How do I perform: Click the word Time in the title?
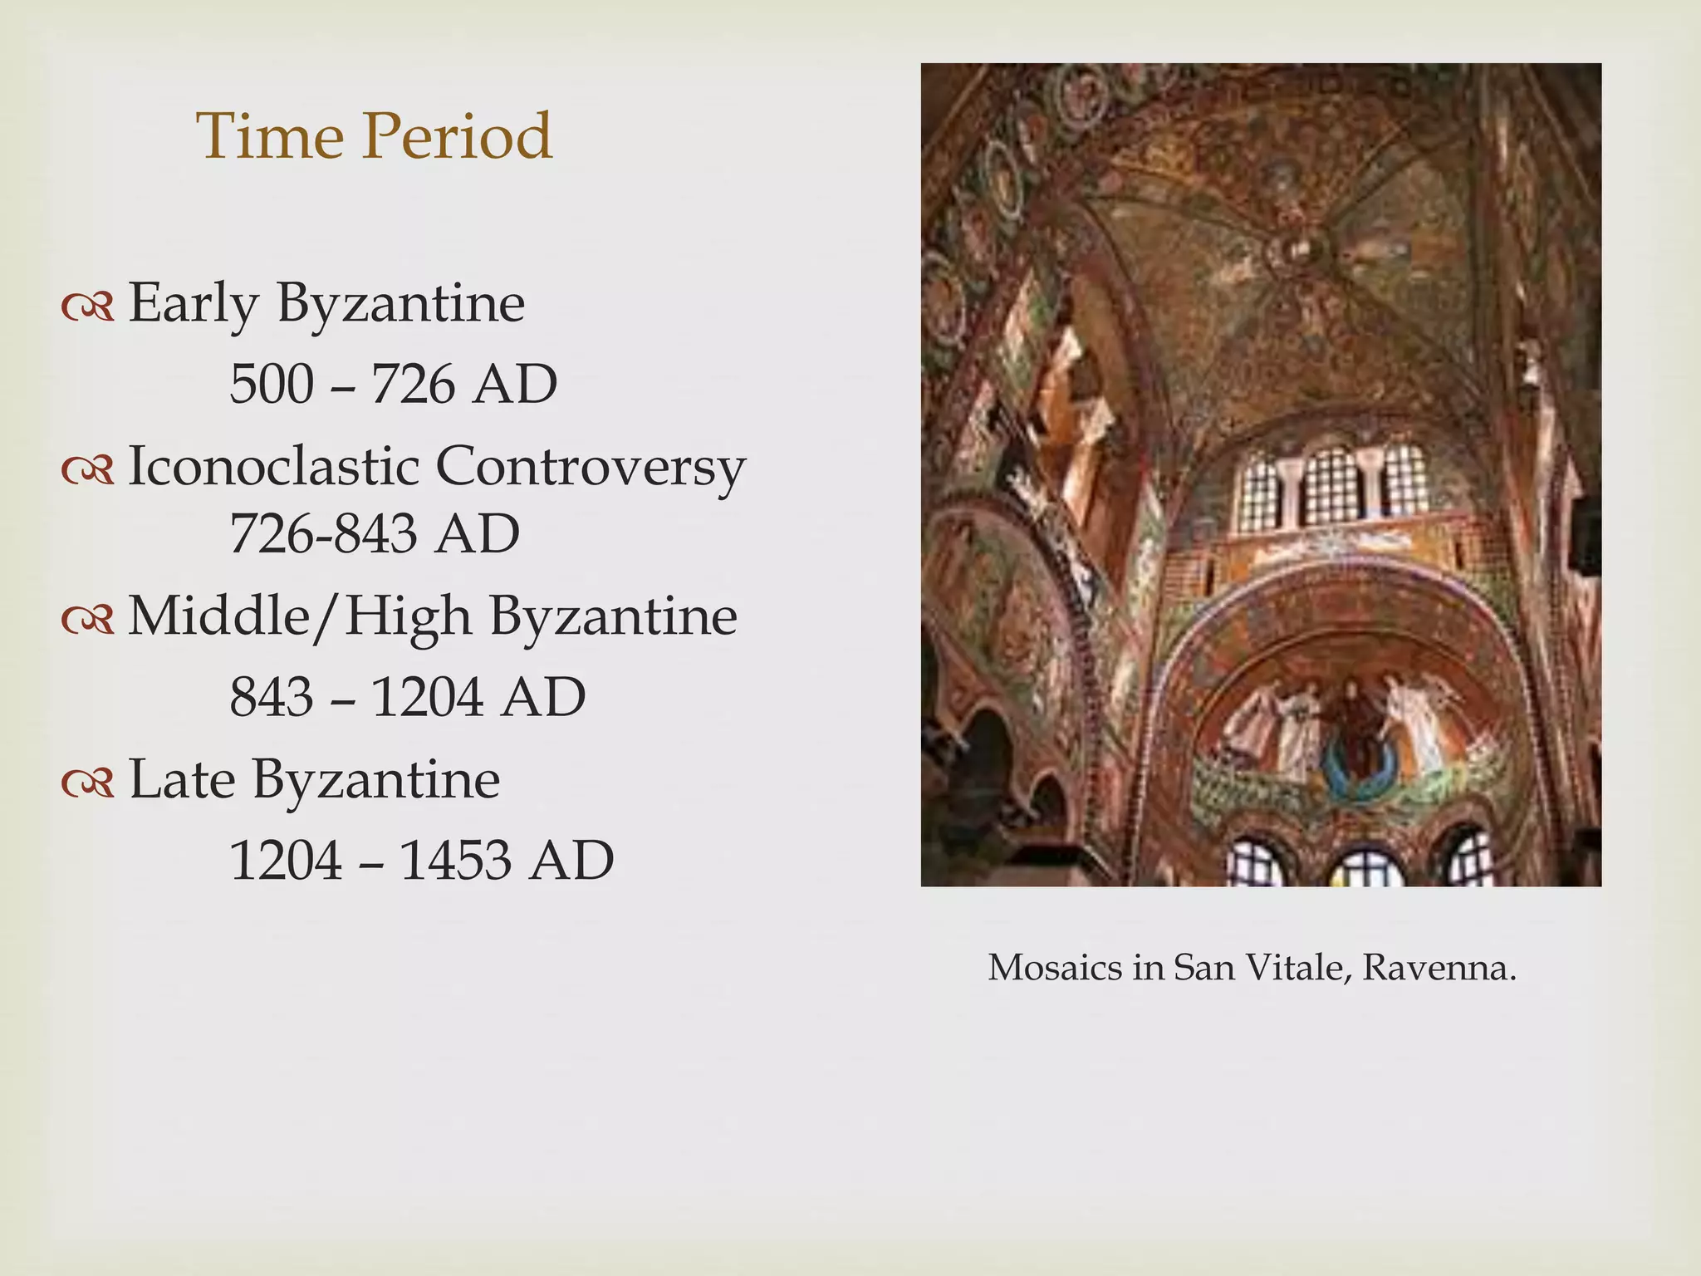point(269,135)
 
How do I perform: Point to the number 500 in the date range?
point(272,385)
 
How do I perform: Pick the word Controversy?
point(590,468)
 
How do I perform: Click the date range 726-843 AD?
point(375,533)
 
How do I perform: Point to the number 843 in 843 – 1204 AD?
point(272,697)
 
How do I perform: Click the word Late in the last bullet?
point(182,779)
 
